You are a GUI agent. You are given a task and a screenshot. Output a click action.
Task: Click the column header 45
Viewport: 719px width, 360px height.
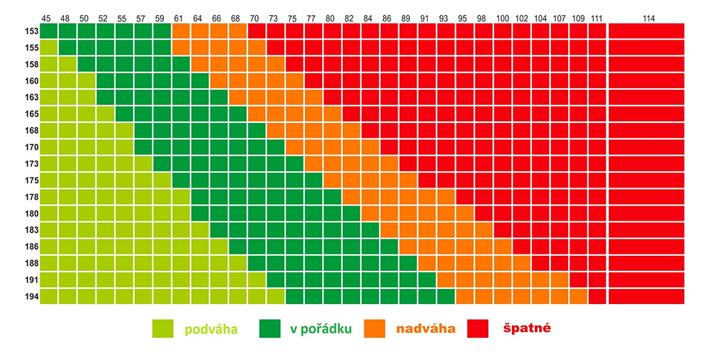[x=47, y=17]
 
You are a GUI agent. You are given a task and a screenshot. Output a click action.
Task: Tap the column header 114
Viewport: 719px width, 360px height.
[x=646, y=17]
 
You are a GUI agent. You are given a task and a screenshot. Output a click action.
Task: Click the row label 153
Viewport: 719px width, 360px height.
[x=30, y=31]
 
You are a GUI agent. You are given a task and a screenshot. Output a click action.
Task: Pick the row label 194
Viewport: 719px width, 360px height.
[x=30, y=296]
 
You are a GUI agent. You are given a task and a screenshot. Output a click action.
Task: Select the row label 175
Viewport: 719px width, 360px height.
[x=30, y=180]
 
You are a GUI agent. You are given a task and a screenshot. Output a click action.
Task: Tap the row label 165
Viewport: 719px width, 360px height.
[x=30, y=114]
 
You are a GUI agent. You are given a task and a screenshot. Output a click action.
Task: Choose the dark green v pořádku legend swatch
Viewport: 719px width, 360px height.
[x=271, y=328]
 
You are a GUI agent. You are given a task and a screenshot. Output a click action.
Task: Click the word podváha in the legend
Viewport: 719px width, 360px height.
[x=211, y=329]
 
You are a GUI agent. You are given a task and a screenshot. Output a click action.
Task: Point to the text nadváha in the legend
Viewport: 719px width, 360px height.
[x=426, y=329]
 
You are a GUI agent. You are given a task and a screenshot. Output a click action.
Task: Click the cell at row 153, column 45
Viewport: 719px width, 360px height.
[x=48, y=31]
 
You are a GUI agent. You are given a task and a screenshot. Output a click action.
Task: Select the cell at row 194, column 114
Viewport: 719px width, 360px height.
[x=646, y=296]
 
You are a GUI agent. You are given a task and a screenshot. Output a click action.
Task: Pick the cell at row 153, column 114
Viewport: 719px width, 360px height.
[x=646, y=31]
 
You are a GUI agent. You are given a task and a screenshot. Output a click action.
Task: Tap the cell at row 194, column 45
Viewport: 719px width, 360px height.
[x=48, y=296]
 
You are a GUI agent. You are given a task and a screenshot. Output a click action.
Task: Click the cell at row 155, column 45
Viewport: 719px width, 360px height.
[x=48, y=47]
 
